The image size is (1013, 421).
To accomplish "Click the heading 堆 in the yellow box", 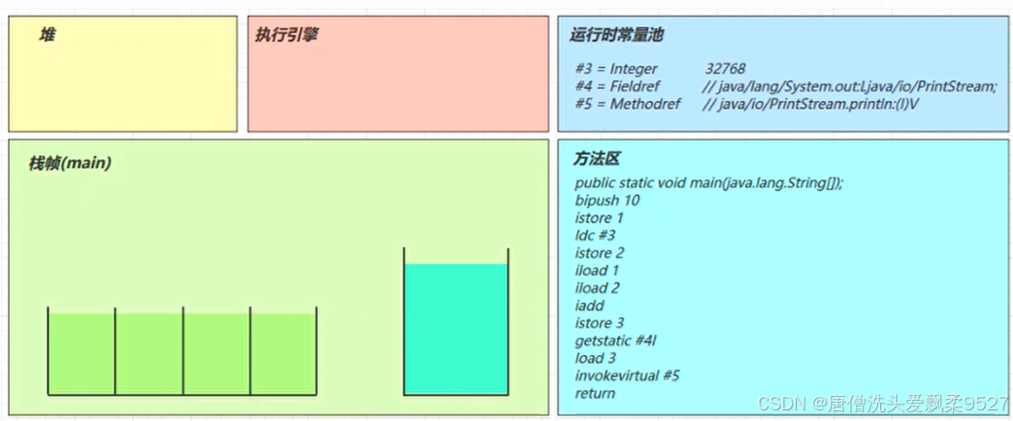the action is (x=47, y=35).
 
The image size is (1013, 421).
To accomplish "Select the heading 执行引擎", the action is (x=286, y=35).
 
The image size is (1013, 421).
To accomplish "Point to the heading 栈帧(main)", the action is (x=70, y=163).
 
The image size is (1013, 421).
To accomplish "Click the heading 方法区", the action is (x=595, y=159).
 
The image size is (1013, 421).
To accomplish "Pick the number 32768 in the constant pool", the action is (x=725, y=69).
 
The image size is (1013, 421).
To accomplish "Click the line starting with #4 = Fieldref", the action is (x=785, y=86).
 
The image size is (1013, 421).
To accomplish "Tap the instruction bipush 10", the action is (x=606, y=201).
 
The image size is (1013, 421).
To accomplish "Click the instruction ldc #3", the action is (x=595, y=236).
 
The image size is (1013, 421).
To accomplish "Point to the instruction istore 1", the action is (x=599, y=218).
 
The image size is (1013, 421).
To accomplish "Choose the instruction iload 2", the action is (x=597, y=288).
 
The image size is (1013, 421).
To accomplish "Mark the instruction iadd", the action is (x=589, y=306).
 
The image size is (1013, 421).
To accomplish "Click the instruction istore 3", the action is (x=599, y=323).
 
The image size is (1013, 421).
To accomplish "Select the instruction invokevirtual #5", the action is (x=627, y=375).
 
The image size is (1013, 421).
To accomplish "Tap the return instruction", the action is (x=595, y=393).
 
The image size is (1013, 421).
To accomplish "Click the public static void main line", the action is (x=708, y=183).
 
